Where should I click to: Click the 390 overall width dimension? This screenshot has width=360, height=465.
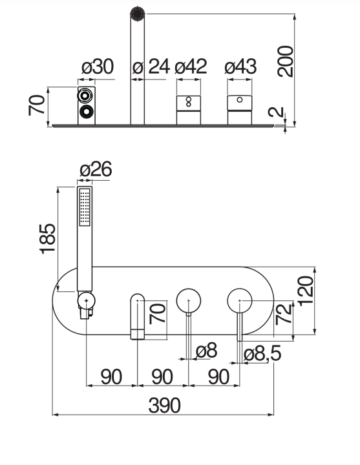click(164, 406)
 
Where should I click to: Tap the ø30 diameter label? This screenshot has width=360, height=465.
click(98, 67)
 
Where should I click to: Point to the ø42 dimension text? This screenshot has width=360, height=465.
click(191, 67)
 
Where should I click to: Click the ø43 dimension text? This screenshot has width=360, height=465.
click(240, 67)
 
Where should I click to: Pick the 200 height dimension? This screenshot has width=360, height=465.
click(285, 61)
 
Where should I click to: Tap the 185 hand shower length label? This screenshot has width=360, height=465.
click(47, 239)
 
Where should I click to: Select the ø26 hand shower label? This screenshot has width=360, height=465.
click(96, 169)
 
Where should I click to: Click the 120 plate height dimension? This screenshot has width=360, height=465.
click(306, 291)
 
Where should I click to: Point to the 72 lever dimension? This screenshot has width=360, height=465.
click(284, 314)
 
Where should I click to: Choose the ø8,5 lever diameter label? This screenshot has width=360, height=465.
click(262, 353)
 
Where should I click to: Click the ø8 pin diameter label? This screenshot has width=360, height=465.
click(207, 350)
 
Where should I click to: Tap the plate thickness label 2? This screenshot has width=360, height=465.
click(276, 112)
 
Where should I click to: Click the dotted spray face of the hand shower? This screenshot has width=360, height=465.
click(85, 207)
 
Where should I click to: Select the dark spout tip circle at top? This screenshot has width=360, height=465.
click(138, 14)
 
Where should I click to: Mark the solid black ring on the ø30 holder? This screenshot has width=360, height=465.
click(87, 112)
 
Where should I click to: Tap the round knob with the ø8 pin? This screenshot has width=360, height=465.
click(189, 300)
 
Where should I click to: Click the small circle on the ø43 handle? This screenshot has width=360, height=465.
click(240, 99)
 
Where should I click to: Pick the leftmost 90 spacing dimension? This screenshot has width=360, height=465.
click(111, 377)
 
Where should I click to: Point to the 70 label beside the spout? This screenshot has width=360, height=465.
click(157, 313)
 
